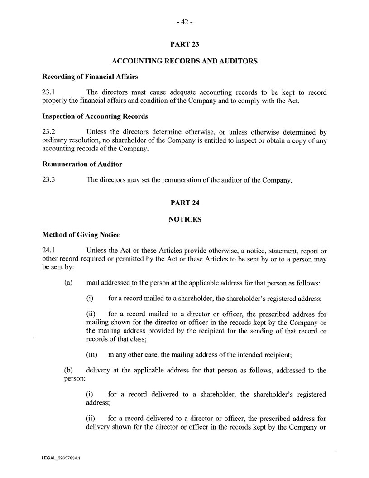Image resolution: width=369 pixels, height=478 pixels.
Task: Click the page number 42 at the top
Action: [184, 21]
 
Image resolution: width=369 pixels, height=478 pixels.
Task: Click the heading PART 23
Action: [184, 44]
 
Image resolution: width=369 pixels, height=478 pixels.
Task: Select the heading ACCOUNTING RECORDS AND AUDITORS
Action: [184, 61]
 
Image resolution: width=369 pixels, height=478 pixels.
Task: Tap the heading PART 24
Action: [184, 203]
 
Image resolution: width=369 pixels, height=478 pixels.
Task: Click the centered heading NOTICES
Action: [184, 219]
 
